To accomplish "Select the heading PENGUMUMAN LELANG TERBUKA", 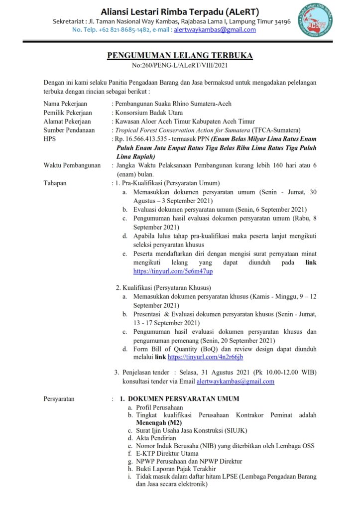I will pyautogui.click(x=180, y=55).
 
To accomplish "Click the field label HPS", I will pyautogui.click(x=50, y=139).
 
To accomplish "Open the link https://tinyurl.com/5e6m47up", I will pyautogui.click(x=173, y=271).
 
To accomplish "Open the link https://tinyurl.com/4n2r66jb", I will pyautogui.click(x=205, y=357).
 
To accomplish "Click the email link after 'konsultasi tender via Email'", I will pyautogui.click(x=236, y=382).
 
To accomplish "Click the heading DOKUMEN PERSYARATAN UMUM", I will pyautogui.click(x=184, y=399).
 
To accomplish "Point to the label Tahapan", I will pyautogui.click(x=55, y=183).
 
